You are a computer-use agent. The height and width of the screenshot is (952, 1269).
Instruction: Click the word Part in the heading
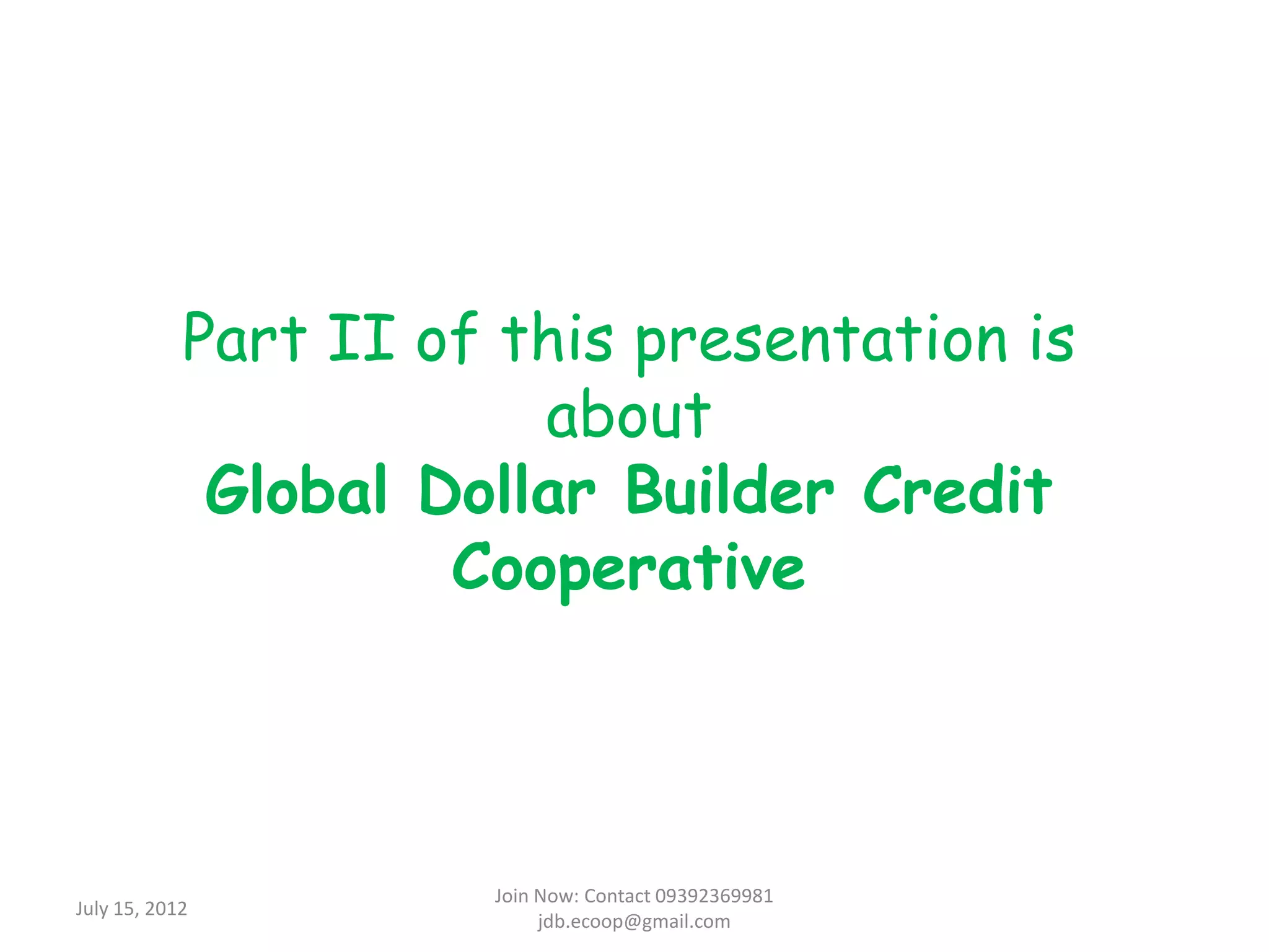[x=245, y=338]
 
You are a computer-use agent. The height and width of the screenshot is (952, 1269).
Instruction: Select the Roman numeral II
[x=361, y=338]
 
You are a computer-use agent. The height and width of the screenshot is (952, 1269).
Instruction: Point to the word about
[x=628, y=416]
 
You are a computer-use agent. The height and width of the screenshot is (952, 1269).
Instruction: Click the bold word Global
[x=296, y=490]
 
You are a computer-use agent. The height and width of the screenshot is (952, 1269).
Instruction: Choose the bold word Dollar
[x=507, y=490]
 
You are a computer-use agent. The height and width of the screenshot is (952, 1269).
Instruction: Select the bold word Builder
[x=731, y=490]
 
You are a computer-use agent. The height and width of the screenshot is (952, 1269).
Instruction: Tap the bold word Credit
[x=958, y=490]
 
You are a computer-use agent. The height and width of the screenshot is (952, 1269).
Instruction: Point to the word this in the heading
[x=557, y=338]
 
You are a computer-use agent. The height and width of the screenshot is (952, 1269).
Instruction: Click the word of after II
[x=447, y=338]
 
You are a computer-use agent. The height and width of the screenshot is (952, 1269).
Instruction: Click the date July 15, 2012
[x=131, y=909]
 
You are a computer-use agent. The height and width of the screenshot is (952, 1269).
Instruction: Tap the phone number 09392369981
[x=714, y=896]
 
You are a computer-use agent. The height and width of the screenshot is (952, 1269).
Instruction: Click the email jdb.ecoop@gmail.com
[x=634, y=922]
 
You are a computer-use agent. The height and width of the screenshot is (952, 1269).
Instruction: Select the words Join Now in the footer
[x=537, y=896]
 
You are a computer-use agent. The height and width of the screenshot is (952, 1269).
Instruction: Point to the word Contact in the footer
[x=617, y=896]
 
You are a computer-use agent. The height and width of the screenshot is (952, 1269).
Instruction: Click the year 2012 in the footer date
[x=165, y=909]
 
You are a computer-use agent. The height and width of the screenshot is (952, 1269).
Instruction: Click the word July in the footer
[x=92, y=909]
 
